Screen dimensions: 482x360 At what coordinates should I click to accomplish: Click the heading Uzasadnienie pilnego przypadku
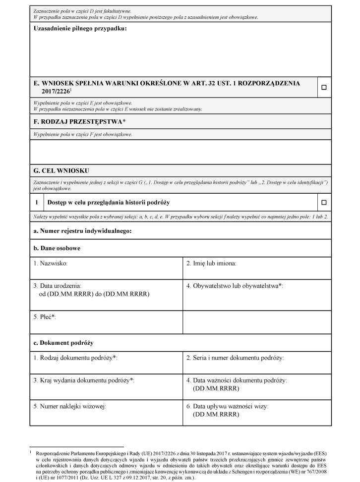80,29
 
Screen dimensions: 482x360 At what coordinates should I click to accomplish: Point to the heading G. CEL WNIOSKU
61,170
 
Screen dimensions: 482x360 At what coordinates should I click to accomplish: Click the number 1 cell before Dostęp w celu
37,202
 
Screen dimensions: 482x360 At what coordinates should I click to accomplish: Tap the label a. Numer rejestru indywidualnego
82,231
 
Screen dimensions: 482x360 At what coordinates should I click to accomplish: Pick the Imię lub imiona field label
211,264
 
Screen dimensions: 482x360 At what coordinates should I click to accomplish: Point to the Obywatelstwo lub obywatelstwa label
234,286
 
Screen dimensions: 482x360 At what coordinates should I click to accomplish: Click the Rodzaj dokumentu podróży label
75,358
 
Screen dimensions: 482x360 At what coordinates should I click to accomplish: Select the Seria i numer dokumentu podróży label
235,358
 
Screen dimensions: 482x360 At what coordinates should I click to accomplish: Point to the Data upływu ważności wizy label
227,406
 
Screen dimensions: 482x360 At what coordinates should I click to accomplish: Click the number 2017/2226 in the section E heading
56,92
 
